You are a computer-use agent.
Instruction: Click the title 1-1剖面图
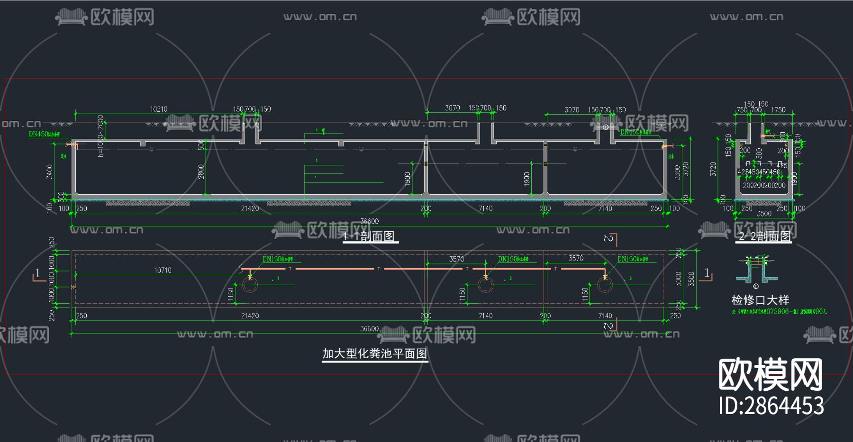click(370, 236)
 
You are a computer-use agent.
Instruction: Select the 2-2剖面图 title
click(765, 236)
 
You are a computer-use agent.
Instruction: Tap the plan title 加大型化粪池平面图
click(375, 354)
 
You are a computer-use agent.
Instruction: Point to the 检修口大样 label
click(760, 300)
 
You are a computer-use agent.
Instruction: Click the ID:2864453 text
click(771, 406)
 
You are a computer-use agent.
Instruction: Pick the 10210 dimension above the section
click(159, 109)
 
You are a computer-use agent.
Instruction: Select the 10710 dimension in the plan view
click(163, 270)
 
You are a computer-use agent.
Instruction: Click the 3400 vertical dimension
click(49, 171)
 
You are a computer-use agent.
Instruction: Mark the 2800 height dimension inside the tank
click(201, 171)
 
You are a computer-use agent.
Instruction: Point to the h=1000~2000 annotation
click(100, 136)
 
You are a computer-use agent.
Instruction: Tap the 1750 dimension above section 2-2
click(778, 110)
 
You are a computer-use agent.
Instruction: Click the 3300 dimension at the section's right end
click(678, 171)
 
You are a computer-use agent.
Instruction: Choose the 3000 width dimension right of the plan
click(679, 279)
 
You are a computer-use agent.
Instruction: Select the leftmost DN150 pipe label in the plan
click(278, 259)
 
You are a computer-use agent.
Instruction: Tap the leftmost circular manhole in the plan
click(250, 285)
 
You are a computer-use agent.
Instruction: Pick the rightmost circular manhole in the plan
click(605, 285)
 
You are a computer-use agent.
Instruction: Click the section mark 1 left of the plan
click(38, 273)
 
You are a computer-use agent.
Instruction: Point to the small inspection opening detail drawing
click(756, 271)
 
